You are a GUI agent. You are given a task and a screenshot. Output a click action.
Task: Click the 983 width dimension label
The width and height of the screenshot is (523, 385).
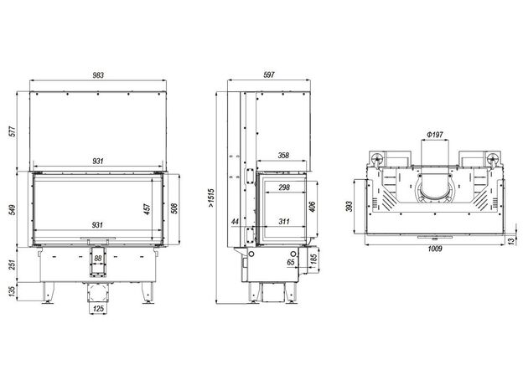[98, 75]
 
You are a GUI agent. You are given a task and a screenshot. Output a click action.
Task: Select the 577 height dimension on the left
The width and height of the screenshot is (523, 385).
[13, 132]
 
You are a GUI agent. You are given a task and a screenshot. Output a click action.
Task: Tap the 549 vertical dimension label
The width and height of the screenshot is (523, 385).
[13, 210]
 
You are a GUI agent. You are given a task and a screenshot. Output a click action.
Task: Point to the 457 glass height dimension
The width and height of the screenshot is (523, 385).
[148, 208]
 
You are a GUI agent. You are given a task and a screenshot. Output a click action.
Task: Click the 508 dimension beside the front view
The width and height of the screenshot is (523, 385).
[174, 208]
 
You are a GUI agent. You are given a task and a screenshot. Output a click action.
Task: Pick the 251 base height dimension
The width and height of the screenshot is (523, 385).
[13, 265]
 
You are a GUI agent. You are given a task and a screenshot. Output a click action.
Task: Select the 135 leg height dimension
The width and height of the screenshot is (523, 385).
[13, 291]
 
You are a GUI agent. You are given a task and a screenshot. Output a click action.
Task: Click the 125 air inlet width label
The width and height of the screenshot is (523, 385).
[98, 309]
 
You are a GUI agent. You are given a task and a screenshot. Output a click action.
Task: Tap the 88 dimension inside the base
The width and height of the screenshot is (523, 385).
[98, 258]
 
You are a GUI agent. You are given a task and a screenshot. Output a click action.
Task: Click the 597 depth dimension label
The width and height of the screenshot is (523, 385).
[269, 75]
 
